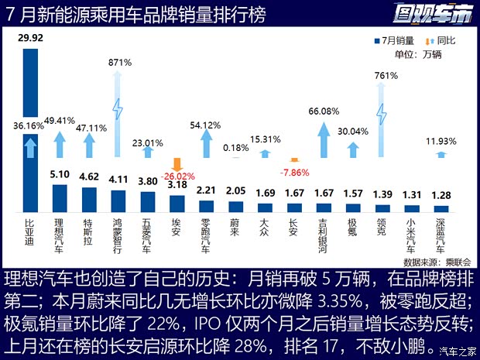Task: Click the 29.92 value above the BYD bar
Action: [31, 36]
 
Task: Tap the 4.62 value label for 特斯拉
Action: [90, 177]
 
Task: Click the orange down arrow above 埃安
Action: [177, 163]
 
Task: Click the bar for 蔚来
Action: [236, 206]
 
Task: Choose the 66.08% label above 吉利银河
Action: [324, 111]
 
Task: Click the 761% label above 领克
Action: [382, 76]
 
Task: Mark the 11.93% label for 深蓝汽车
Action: [441, 141]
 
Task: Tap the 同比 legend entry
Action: [441, 39]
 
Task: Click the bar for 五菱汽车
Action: [149, 201]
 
